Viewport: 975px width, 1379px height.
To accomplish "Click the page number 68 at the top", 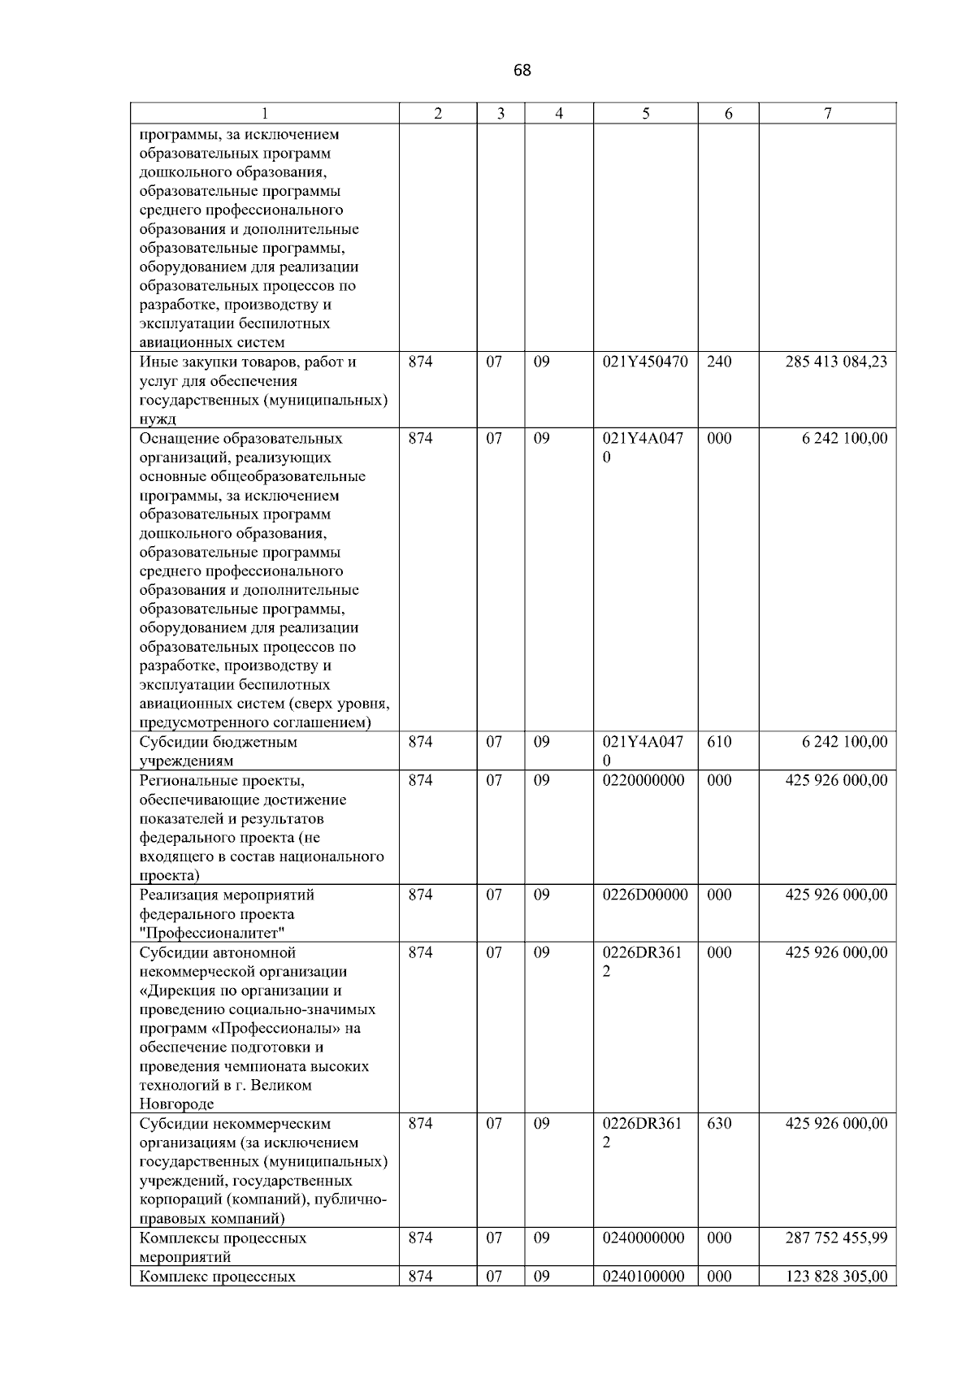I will pyautogui.click(x=522, y=71).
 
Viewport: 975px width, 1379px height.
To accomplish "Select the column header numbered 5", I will pyautogui.click(x=645, y=115).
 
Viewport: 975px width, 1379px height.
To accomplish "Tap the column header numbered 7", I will pyautogui.click(x=827, y=115).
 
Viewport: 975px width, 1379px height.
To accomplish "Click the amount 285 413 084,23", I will pyautogui.click(x=836, y=362).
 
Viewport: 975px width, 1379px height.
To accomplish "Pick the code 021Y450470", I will pyautogui.click(x=645, y=362).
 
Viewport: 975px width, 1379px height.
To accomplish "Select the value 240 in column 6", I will pyautogui.click(x=719, y=362).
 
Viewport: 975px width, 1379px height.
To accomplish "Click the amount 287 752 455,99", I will pyautogui.click(x=836, y=1238).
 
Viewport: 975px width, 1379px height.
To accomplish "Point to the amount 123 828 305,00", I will pyautogui.click(x=836, y=1277).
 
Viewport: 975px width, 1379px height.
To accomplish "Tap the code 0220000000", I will pyautogui.click(x=643, y=781).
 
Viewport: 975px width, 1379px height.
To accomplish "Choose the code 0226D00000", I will pyautogui.click(x=645, y=895).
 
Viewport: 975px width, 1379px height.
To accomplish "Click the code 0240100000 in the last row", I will pyautogui.click(x=643, y=1277).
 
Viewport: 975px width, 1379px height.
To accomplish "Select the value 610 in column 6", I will pyautogui.click(x=719, y=743).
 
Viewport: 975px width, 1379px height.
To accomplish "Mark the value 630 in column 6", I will pyautogui.click(x=719, y=1124).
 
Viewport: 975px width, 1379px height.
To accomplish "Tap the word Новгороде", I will pyautogui.click(x=176, y=1104).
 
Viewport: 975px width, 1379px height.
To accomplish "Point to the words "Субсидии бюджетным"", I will pyautogui.click(x=218, y=743).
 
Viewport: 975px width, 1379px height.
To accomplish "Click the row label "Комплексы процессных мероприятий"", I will pyautogui.click(x=223, y=1247).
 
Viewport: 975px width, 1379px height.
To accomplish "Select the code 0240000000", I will pyautogui.click(x=643, y=1238).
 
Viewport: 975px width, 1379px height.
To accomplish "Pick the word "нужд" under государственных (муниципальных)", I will pyautogui.click(x=158, y=420).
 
